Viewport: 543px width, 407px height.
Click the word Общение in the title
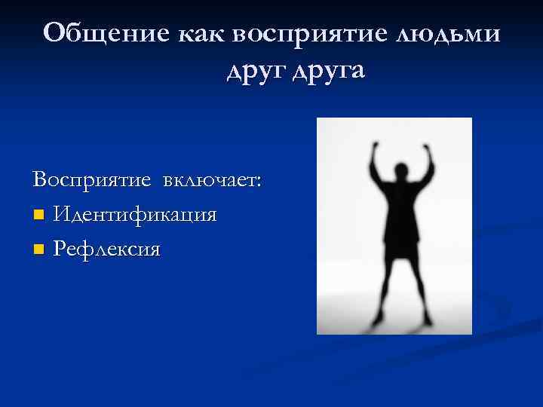tap(106, 34)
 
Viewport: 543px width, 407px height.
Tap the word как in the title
tap(201, 34)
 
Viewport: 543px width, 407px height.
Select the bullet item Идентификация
tap(135, 215)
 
